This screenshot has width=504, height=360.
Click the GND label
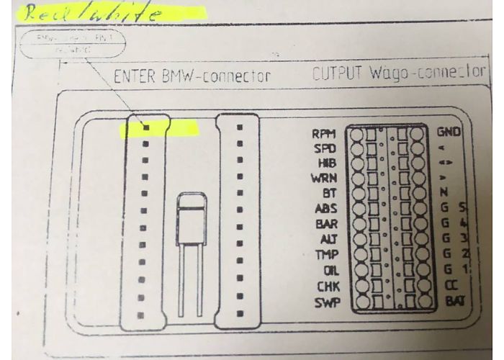(449, 133)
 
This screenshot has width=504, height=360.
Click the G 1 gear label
(449, 270)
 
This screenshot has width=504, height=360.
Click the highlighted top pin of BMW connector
(145, 127)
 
